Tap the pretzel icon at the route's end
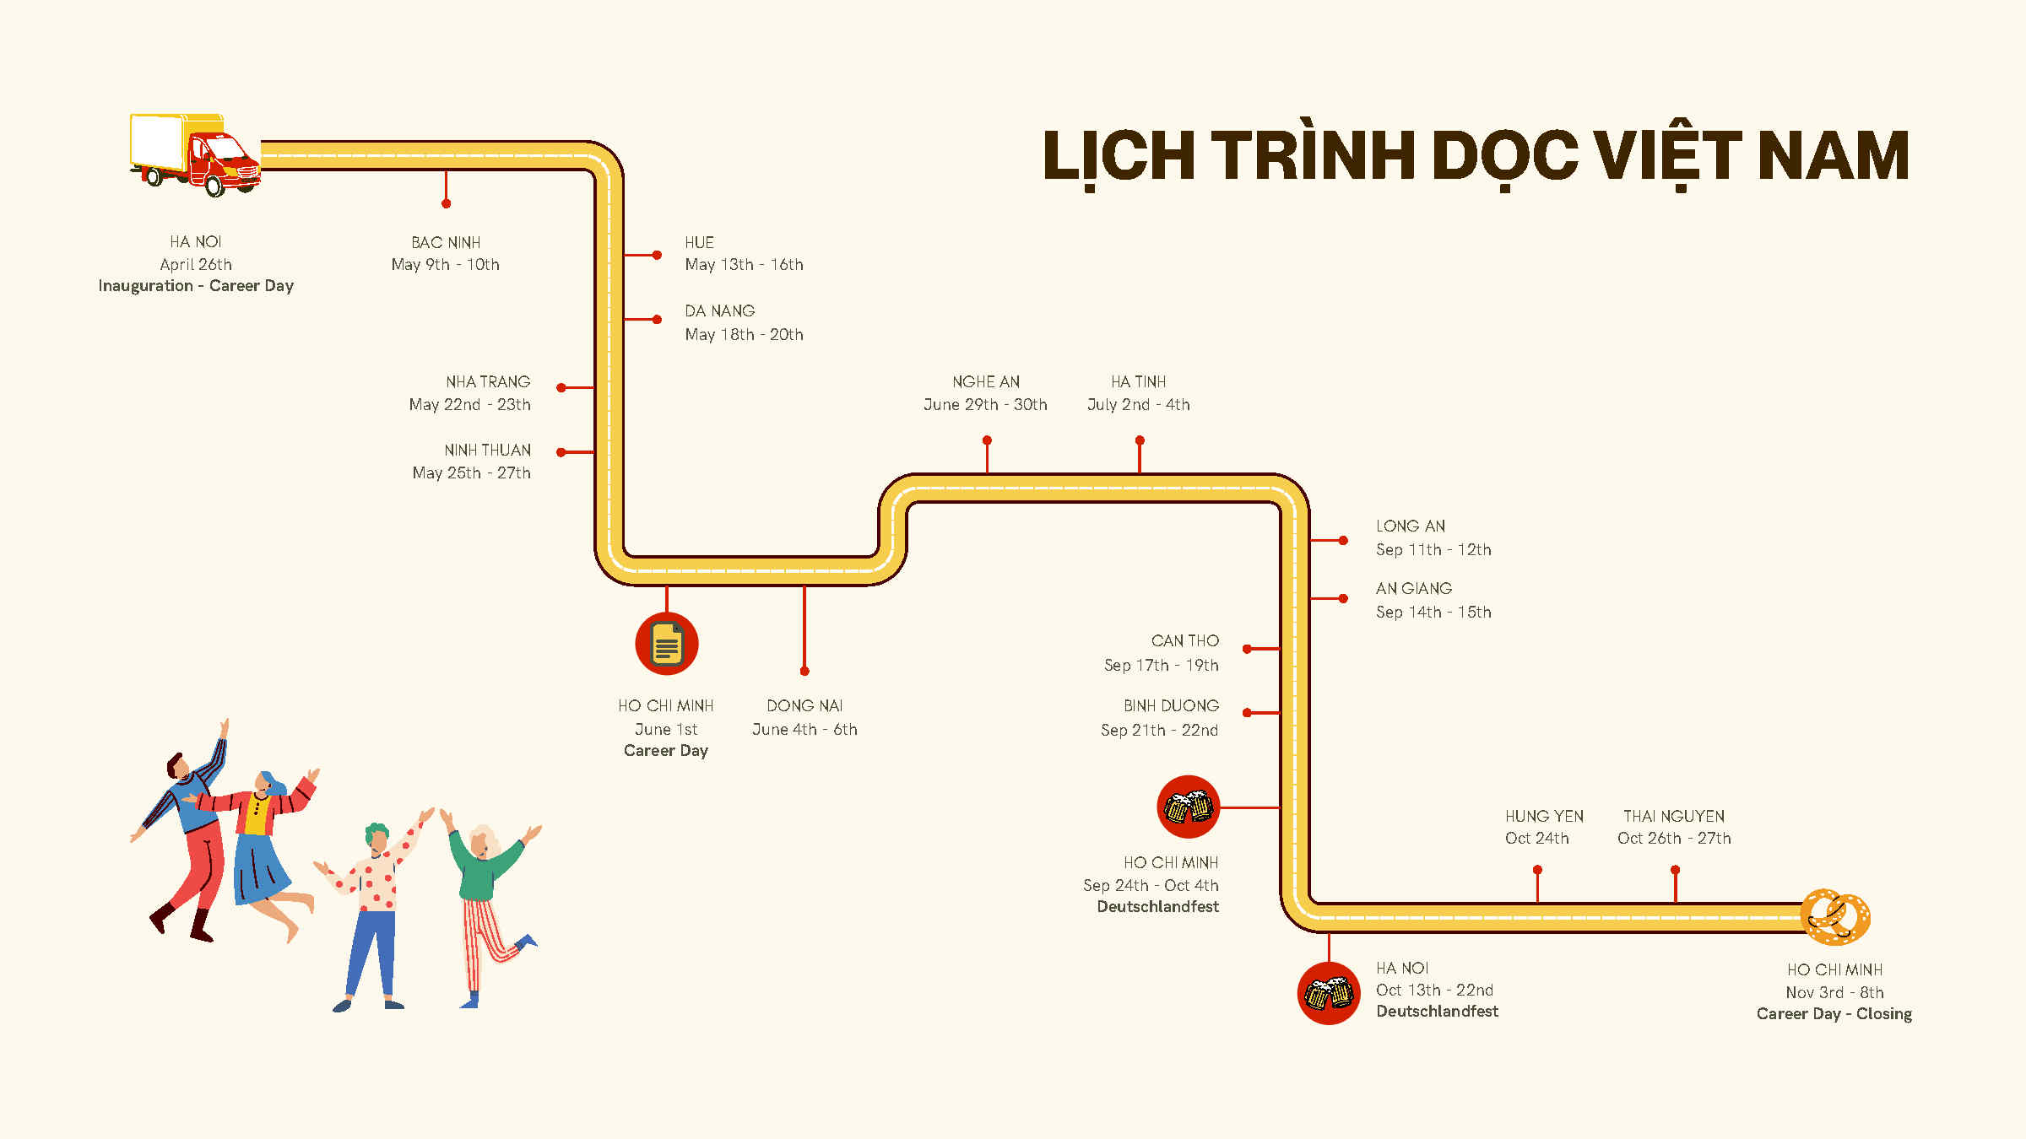[1834, 917]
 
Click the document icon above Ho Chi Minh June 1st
[667, 644]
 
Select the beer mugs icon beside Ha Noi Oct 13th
[1329, 994]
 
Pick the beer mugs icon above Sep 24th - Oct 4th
[1189, 807]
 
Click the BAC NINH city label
[446, 243]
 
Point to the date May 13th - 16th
[744, 265]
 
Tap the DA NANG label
[719, 311]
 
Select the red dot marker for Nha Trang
[561, 388]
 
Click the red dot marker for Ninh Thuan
[561, 453]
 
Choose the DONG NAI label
[804, 706]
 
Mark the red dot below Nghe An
[987, 440]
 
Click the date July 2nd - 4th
[1138, 405]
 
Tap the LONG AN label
[1410, 526]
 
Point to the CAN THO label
[1184, 641]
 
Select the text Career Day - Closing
[1834, 1014]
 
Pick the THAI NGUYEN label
[1673, 817]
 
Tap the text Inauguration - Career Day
[196, 286]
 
